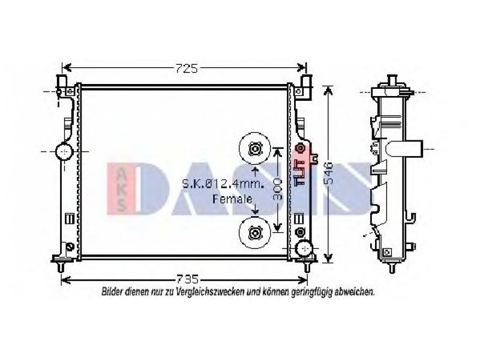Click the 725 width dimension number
(187, 68)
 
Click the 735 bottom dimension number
(188, 279)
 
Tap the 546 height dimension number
(328, 172)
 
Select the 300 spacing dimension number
(277, 189)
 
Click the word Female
(232, 199)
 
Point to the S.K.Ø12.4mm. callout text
(223, 184)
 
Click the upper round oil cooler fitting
(254, 148)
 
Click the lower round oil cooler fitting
(254, 233)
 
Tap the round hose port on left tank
(64, 151)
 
